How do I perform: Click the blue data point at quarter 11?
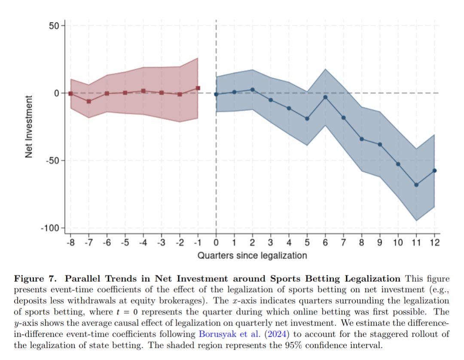[416, 185]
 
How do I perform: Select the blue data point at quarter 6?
[325, 97]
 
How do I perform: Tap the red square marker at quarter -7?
[89, 101]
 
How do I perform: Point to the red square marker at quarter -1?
[198, 88]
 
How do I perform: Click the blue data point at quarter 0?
[216, 95]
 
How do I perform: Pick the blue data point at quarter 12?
[435, 171]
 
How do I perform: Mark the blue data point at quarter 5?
[307, 119]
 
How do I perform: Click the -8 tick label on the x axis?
[70, 243]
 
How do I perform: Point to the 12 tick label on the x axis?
[434, 243]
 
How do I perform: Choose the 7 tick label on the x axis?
[343, 243]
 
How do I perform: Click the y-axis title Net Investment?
[29, 127]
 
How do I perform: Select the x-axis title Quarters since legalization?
[252, 256]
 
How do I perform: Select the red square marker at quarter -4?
[143, 91]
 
